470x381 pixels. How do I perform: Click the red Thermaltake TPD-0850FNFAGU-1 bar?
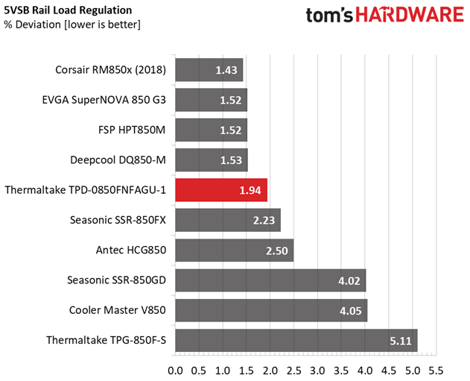220,190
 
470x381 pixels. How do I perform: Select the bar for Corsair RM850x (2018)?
209,71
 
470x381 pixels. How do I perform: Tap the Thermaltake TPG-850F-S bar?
296,340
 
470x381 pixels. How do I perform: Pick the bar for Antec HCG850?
234,251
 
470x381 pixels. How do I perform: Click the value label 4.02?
351,280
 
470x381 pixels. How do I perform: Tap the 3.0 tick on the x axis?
317,370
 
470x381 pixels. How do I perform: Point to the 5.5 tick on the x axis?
436,370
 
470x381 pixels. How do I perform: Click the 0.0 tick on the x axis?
176,370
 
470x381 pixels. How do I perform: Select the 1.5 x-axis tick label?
247,370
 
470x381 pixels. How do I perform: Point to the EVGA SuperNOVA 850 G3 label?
104,101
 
